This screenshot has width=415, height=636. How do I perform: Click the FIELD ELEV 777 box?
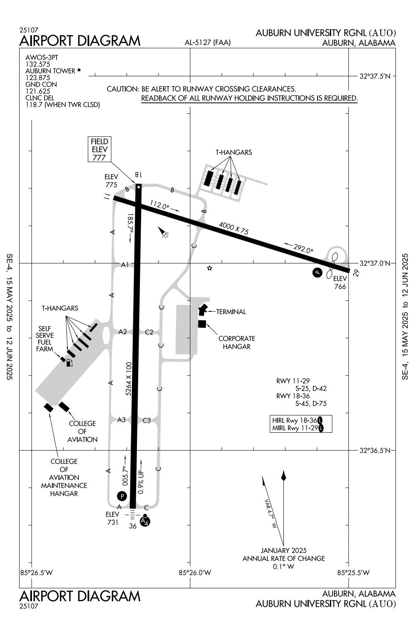(100, 149)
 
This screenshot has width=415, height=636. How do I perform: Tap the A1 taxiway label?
(125, 264)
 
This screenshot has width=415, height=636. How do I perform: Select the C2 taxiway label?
(149, 332)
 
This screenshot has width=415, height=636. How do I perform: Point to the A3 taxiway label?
(121, 420)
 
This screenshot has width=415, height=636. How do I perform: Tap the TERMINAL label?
(231, 312)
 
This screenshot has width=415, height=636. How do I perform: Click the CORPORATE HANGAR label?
(237, 343)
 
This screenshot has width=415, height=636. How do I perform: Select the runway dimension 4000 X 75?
(234, 229)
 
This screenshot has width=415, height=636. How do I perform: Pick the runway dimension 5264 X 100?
(129, 379)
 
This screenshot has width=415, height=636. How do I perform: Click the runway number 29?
(355, 273)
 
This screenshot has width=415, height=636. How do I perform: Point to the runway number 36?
(133, 526)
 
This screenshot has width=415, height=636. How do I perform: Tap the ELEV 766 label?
(340, 283)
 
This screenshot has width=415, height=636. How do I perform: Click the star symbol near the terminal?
(210, 268)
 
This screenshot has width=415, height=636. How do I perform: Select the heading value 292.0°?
(303, 249)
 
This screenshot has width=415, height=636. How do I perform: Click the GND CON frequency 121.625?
(38, 91)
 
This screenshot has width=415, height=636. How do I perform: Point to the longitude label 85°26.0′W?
(195, 573)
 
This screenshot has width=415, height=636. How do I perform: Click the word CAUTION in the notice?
(122, 89)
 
